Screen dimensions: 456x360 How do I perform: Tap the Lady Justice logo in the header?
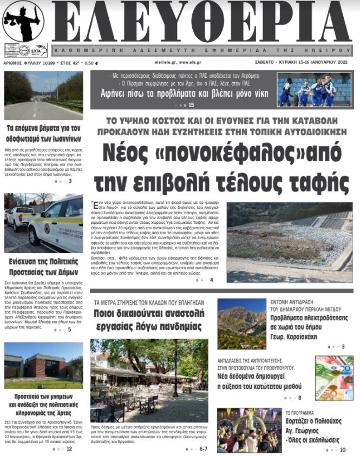(x=23, y=21)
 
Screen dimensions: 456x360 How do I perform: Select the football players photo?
(x=313, y=90)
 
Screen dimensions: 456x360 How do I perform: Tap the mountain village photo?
(x=241, y=323)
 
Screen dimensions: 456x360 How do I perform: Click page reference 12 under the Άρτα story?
(x=69, y=448)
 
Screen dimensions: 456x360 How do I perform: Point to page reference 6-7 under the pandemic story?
(x=204, y=448)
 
